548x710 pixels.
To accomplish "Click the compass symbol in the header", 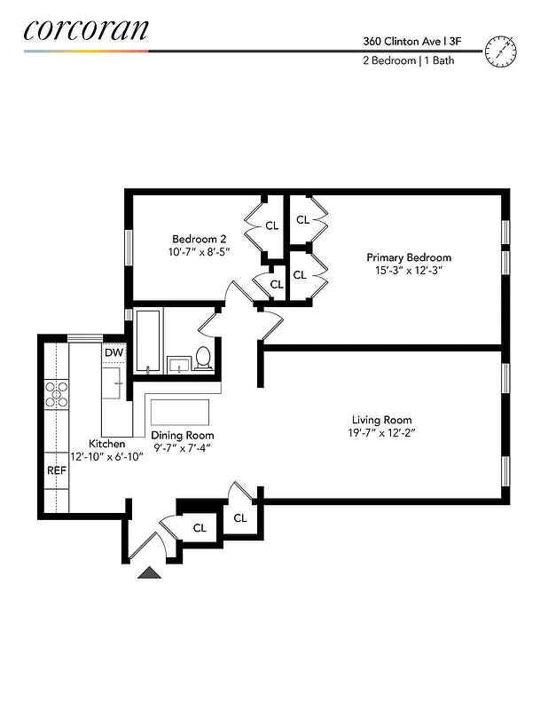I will pos(501,51).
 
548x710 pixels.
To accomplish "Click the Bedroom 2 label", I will pos(199,239).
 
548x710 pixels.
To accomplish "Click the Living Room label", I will pos(381,420).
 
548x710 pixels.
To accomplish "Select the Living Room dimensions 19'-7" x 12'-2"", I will pos(381,433).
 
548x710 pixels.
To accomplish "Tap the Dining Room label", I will pos(182,436).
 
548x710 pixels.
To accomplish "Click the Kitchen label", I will pos(106,444).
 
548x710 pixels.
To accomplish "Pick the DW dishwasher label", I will pos(114,353).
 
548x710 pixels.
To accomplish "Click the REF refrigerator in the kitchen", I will pos(57,470).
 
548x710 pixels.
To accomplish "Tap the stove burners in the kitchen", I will pos(57,393).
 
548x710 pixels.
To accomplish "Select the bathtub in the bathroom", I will pos(147,342).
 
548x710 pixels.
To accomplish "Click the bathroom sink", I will pos(178,364).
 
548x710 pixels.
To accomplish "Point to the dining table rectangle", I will pos(180,413).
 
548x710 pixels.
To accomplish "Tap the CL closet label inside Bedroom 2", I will pos(271,225).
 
